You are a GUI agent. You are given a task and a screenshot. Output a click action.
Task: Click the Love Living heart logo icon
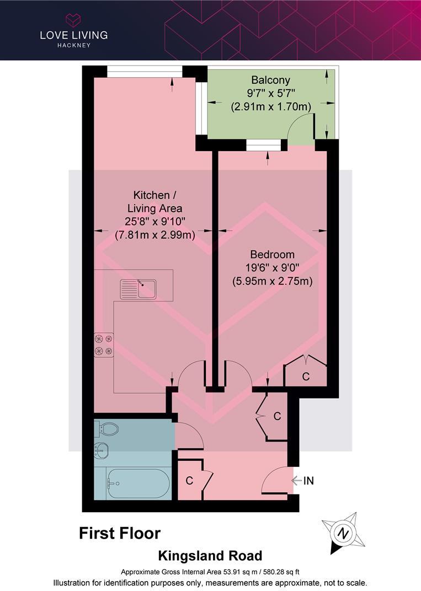73,20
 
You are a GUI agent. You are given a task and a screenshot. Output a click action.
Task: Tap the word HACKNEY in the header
73,45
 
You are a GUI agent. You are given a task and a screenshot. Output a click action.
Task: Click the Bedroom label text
272,255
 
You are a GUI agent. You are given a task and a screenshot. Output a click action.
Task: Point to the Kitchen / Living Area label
154,202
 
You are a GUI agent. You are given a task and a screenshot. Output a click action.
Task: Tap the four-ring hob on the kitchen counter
104,345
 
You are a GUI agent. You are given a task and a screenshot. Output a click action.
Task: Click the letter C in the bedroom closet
306,377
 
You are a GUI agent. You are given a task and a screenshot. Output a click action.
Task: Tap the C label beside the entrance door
189,481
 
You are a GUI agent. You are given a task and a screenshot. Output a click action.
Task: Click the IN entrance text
308,481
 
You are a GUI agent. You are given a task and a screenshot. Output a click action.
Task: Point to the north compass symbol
343,533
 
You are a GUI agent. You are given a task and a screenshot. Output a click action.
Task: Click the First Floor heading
120,533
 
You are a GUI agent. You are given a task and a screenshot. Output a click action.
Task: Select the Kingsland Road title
210,556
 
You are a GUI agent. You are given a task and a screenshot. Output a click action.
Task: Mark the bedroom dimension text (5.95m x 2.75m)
273,281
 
